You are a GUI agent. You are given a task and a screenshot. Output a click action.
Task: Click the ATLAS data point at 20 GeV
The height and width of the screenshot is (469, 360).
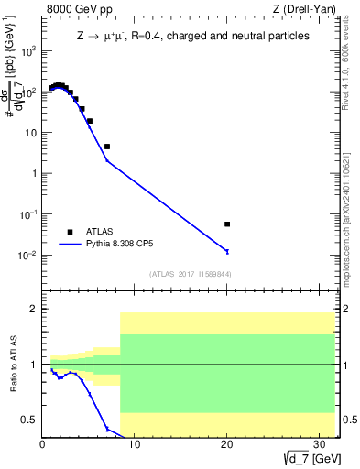[x=227, y=224]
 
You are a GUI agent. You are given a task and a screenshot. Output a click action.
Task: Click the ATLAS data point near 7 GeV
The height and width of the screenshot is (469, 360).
[x=107, y=147]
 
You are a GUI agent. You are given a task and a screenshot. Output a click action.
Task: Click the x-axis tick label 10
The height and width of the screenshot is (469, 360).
[x=135, y=445]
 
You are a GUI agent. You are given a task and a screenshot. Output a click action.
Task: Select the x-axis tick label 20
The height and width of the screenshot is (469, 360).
[x=227, y=445]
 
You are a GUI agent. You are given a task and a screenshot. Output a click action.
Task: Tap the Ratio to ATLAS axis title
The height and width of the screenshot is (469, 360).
[x=14, y=365]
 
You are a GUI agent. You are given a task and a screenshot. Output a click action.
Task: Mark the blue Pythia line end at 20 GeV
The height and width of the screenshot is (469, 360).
[x=227, y=251]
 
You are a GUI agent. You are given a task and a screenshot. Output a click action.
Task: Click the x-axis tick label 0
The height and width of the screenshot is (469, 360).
[x=42, y=445]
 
